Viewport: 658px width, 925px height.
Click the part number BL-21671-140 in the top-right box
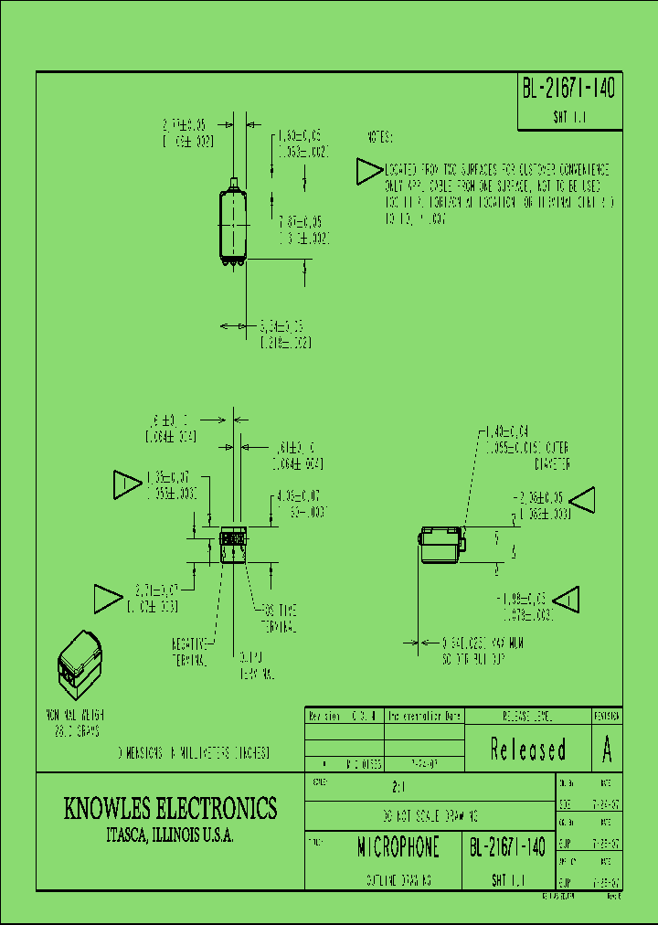coord(568,89)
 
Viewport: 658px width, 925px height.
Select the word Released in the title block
coord(528,750)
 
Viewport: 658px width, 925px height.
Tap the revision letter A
coord(607,750)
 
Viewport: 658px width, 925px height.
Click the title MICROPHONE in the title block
coord(398,847)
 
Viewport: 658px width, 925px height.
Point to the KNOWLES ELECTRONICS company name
coord(170,808)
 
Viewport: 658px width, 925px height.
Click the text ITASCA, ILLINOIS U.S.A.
coord(170,836)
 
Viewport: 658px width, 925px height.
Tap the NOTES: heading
coord(379,138)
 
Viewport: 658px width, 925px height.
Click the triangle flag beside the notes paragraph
coord(368,171)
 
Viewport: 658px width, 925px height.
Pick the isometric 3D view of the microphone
coord(80,660)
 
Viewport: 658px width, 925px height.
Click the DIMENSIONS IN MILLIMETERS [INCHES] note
coord(194,753)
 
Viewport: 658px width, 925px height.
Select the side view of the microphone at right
coord(441,546)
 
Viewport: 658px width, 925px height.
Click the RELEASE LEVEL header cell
coord(528,716)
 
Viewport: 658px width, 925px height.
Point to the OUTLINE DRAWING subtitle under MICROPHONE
coord(398,879)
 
